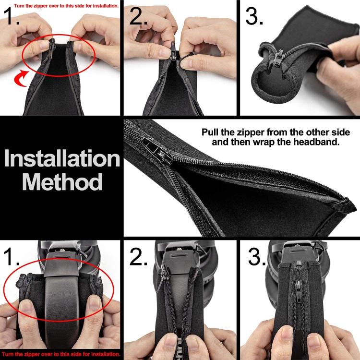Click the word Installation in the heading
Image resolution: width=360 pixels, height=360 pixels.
[x=62, y=159]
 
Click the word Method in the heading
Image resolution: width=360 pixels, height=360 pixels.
[x=62, y=182]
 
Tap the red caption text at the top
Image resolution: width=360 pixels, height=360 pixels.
[x=60, y=5]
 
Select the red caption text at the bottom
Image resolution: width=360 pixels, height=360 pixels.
[x=60, y=355]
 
